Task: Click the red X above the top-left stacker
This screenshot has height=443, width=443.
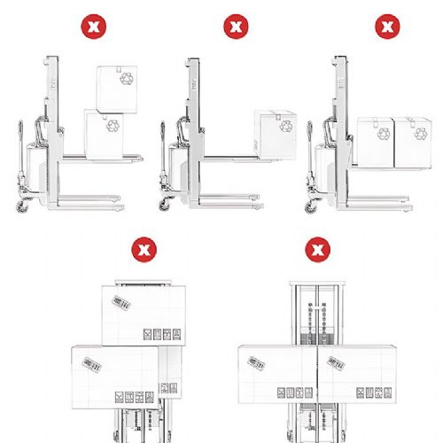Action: tap(90, 27)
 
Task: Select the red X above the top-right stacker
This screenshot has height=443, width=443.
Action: tap(386, 27)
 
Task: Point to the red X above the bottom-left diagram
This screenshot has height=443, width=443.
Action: tap(141, 247)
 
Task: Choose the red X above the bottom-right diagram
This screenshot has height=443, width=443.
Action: tap(314, 247)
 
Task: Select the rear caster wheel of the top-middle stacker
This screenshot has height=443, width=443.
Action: tap(166, 205)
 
